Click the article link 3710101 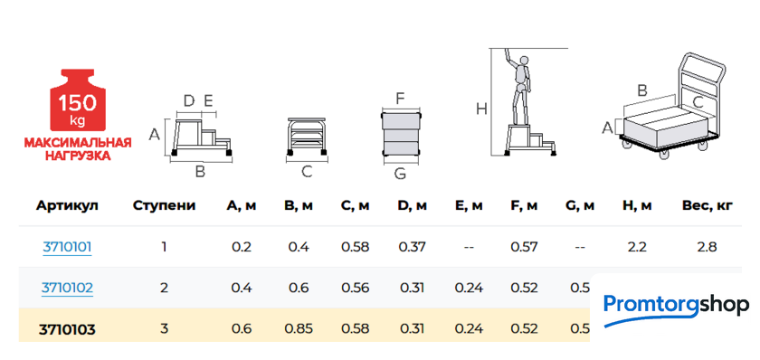[67, 247]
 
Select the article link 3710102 [67, 288]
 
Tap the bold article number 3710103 [67, 330]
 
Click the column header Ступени [165, 205]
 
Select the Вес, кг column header [707, 205]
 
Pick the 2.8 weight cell [707, 247]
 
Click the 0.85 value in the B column [299, 329]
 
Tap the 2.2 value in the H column [637, 247]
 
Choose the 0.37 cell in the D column [413, 247]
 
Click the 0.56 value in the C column [355, 288]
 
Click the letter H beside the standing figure [481, 109]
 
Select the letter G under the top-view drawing [400, 174]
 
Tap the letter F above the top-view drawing [400, 99]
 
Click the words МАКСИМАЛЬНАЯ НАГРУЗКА [78, 149]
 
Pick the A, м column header [242, 205]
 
